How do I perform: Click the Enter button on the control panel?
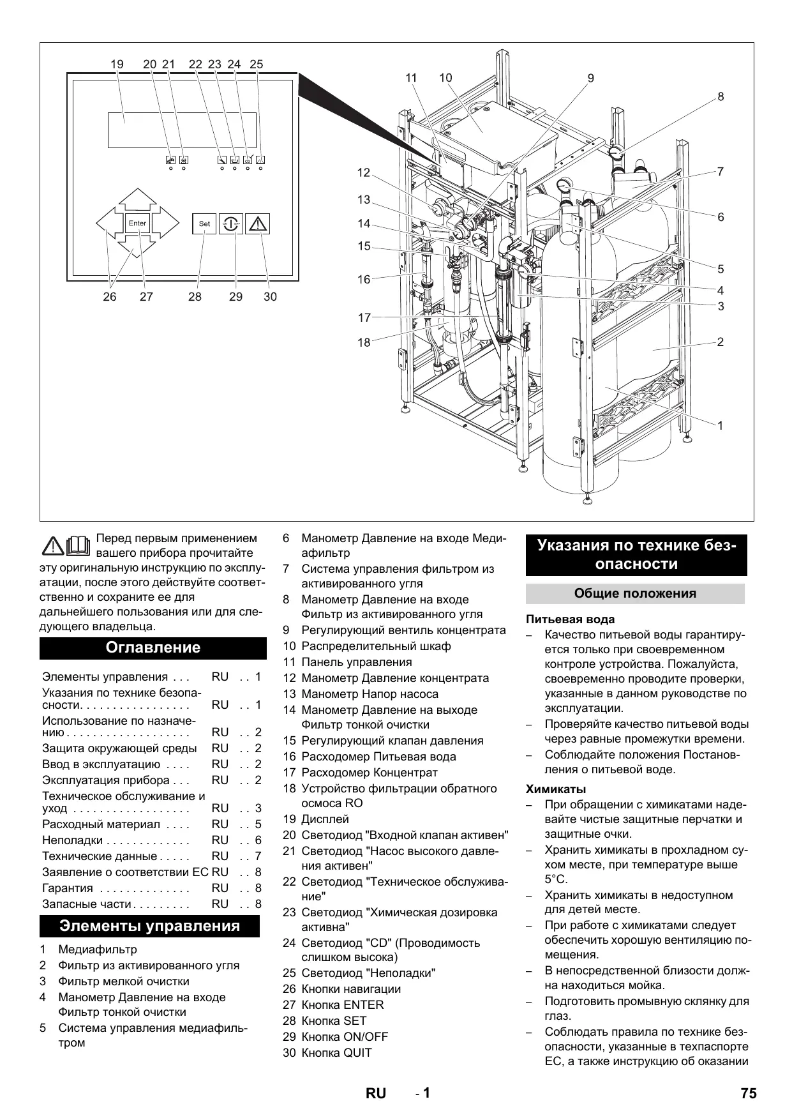(137, 223)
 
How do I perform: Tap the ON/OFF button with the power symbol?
(231, 224)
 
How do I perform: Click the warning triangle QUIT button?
(257, 224)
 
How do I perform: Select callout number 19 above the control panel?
(117, 64)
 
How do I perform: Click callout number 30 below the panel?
(270, 297)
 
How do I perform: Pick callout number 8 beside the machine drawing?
(721, 97)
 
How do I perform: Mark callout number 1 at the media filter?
(721, 425)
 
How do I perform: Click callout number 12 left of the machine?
(364, 172)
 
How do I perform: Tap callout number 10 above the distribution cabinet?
(445, 78)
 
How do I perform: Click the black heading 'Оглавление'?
(153, 647)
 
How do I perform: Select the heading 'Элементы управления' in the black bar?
(150, 926)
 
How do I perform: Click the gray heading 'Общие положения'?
(635, 593)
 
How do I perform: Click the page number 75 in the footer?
(749, 1093)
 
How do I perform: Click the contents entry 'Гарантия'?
(68, 888)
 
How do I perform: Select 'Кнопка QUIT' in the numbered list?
(336, 1053)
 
